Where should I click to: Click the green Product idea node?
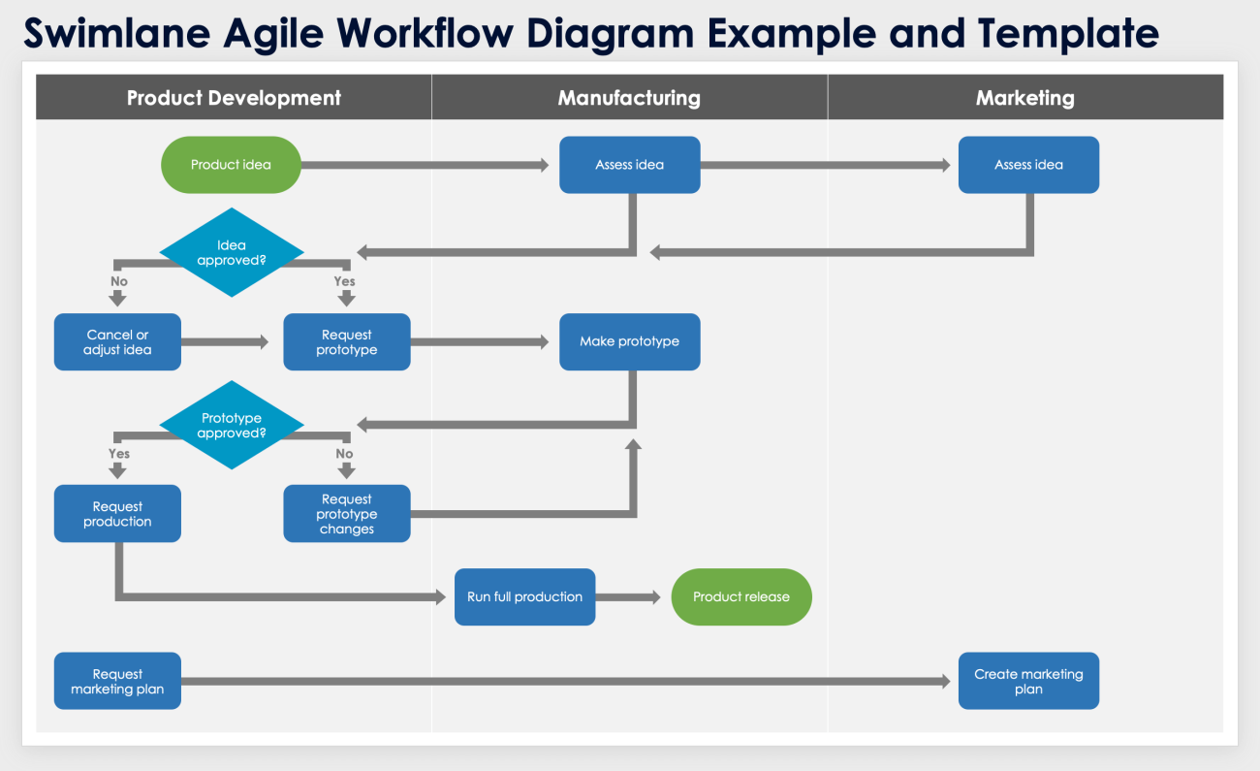[x=231, y=165]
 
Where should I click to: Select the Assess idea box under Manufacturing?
[x=629, y=165]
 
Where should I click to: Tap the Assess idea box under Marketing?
[x=1028, y=165]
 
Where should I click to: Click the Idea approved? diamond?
[x=232, y=252]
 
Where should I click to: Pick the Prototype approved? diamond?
[x=232, y=426]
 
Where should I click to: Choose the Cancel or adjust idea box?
[x=117, y=342]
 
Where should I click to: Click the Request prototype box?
[x=346, y=342]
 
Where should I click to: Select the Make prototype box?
[x=629, y=341]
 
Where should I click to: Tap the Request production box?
[x=117, y=514]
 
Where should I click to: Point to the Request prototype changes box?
[x=346, y=514]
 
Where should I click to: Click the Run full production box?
[x=524, y=596]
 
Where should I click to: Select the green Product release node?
[x=741, y=596]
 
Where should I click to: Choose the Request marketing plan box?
[x=117, y=681]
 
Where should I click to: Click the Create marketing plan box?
[x=1028, y=681]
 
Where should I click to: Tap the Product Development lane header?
[x=234, y=98]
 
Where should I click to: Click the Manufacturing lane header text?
[x=629, y=98]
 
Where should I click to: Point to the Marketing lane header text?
[x=1024, y=98]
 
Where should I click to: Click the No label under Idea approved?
[x=118, y=281]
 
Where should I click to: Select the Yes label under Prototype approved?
[x=118, y=453]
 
